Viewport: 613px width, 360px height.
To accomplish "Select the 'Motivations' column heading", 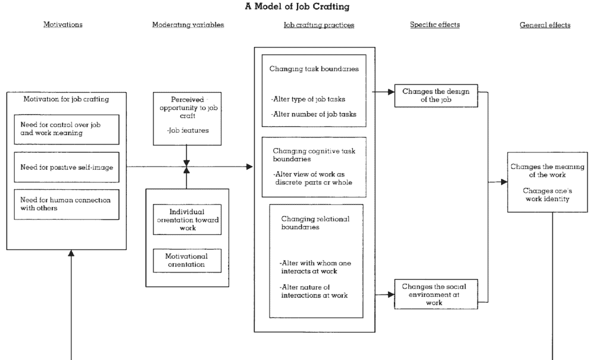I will (x=62, y=25).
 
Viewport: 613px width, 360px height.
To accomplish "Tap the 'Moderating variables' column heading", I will (x=188, y=25).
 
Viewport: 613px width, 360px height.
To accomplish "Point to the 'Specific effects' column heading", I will (x=434, y=25).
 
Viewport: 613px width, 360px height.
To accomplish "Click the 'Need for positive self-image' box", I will (x=66, y=167).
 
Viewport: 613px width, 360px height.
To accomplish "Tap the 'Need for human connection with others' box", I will (x=66, y=205).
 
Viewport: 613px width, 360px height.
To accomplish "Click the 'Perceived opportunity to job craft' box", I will (x=187, y=118).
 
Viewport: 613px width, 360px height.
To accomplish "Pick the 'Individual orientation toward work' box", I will (x=187, y=218).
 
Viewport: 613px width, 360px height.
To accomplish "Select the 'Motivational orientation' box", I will (x=187, y=259).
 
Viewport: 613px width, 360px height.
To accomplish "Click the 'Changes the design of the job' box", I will (x=436, y=96).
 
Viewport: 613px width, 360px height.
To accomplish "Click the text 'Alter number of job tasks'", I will (x=313, y=114).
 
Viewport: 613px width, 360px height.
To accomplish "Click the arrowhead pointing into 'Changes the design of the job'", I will (x=391, y=92).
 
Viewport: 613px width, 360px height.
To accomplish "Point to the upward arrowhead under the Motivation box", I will (x=72, y=253).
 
